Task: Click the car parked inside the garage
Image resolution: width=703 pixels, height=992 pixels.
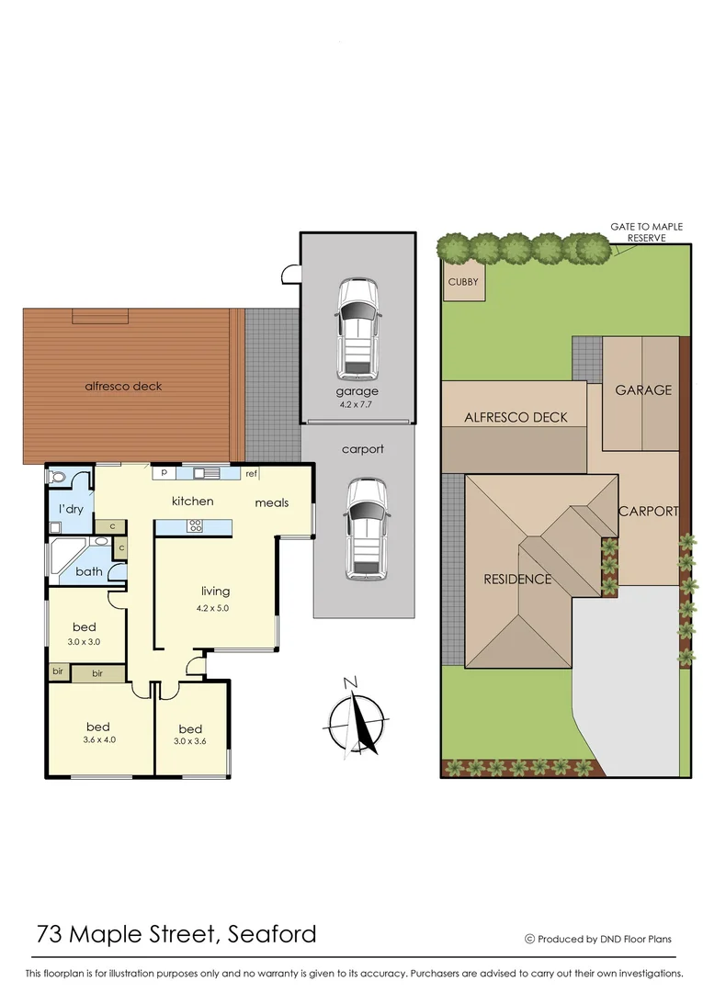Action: coord(357,330)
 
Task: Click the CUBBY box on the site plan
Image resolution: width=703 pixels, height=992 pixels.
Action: coord(463,283)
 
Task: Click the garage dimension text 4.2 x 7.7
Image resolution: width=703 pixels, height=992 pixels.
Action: coord(357,403)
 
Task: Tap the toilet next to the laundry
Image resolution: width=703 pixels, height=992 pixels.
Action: coord(60,478)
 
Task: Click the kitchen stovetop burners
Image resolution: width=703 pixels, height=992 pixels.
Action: coord(196,526)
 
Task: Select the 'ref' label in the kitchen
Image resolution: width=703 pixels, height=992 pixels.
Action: coord(251,474)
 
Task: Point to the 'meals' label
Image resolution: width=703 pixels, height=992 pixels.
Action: coord(272,502)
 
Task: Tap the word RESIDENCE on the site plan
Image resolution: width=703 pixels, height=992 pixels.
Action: coord(518,579)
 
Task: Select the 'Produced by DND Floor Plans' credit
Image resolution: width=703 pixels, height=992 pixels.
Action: coord(598,939)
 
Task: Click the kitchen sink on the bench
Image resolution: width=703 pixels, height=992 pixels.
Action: coord(204,473)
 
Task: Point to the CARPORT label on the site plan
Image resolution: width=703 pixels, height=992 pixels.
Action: coord(648,512)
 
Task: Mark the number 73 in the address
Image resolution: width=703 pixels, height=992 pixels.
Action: coord(51,935)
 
